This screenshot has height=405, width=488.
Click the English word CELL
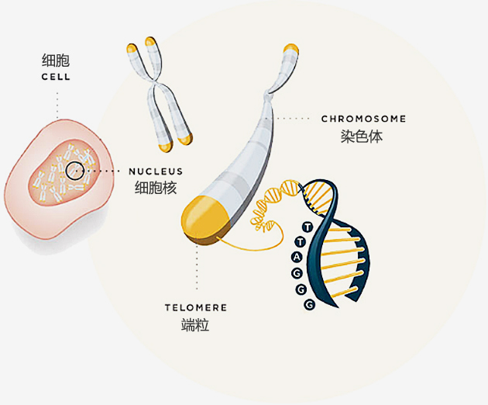tap(56, 78)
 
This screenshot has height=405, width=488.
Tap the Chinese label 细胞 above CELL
tap(56, 61)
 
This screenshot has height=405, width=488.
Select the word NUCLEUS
tap(156, 171)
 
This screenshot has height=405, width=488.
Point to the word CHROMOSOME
tap(363, 119)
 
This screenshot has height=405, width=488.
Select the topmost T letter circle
tap(308, 227)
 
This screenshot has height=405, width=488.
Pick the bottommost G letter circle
tap(309, 305)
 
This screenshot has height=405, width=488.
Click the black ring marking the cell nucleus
tap(74, 171)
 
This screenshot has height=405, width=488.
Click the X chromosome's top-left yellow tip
tap(132, 49)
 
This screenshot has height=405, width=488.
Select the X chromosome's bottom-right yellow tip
tap(186, 140)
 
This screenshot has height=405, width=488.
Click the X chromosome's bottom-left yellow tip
tap(163, 145)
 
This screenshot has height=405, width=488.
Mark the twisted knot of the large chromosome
tap(268, 95)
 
